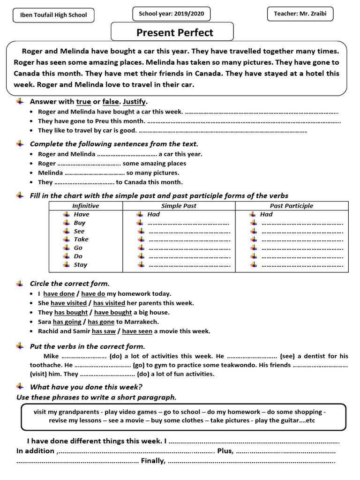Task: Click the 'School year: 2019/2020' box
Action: pyautogui.click(x=171, y=14)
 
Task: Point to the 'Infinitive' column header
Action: pyautogui.click(x=86, y=206)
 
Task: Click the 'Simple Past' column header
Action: pyautogui.click(x=179, y=206)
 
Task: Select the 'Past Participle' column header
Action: pyautogui.click(x=292, y=206)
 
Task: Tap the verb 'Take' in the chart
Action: pyautogui.click(x=81, y=240)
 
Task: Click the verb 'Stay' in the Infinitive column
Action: pyautogui.click(x=81, y=265)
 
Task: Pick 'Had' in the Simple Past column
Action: pyautogui.click(x=153, y=214)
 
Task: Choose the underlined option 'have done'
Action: pyautogui.click(x=59, y=294)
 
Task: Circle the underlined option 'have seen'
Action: pyautogui.click(x=137, y=331)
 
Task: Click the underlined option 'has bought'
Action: pyautogui.click(x=71, y=313)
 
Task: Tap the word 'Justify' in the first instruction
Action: pyautogui.click(x=135, y=102)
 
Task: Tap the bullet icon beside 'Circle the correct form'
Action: pyautogui.click(x=19, y=283)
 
